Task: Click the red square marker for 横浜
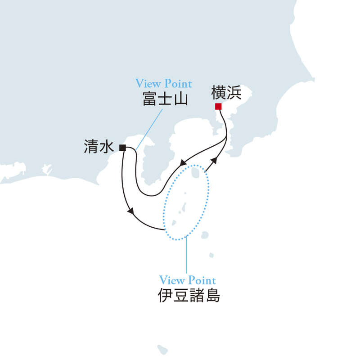[x=218, y=107]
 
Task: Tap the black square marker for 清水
[x=122, y=148]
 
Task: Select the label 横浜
[x=226, y=92]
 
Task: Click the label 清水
[x=99, y=147]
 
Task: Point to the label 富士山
[x=165, y=99]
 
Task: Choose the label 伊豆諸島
[x=189, y=295]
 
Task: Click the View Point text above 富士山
[x=163, y=83]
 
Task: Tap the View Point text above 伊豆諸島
[x=187, y=280]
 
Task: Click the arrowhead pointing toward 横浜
[x=214, y=160]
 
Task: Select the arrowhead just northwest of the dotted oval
[x=183, y=163]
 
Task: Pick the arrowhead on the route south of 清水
[x=131, y=211]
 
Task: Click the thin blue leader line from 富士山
[x=149, y=130]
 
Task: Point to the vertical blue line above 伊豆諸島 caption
[x=187, y=254]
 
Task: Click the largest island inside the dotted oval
[x=195, y=173]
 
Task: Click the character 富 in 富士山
[x=150, y=99]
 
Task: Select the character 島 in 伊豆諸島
[x=212, y=295]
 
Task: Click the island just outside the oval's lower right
[x=205, y=235]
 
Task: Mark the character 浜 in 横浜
[x=234, y=92]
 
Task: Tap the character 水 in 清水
[x=107, y=147]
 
